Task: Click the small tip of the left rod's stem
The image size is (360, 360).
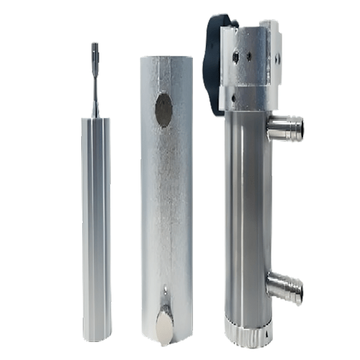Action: pos(95,49)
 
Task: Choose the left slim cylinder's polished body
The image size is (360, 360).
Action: pos(96,216)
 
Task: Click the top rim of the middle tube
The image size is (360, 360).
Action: pos(166,58)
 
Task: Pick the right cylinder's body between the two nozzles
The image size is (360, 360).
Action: pos(247,209)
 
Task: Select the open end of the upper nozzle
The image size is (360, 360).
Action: pos(298,130)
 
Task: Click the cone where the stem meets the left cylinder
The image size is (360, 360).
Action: pos(95,110)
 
